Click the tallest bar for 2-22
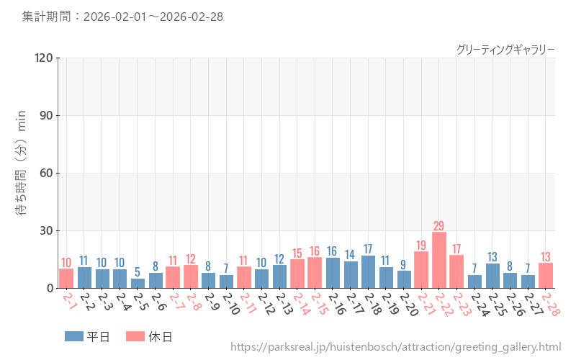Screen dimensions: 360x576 point(439,260)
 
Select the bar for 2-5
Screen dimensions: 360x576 point(138,283)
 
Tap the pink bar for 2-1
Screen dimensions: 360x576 point(66,279)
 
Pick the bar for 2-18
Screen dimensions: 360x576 point(368,272)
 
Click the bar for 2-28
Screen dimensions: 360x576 point(546,276)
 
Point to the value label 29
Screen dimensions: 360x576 point(439,225)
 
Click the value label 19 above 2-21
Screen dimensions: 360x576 point(421,245)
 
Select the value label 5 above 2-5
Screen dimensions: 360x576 point(138,271)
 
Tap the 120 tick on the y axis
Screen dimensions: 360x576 point(43,58)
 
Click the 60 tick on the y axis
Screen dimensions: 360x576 point(46,173)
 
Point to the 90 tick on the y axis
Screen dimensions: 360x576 point(46,115)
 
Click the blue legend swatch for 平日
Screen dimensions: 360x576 point(73,336)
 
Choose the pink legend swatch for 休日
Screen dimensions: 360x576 point(135,336)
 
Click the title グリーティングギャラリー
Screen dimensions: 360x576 point(505,49)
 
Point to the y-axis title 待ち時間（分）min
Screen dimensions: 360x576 point(22,173)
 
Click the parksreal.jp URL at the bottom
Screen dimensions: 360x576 point(395,347)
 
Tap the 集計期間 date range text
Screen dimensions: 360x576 point(122,17)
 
